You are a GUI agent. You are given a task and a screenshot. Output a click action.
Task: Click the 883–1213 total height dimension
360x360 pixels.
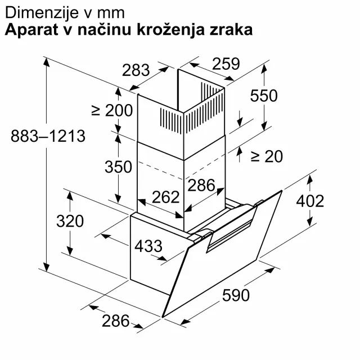[x=48, y=136]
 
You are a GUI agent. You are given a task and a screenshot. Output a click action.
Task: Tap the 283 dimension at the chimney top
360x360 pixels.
[x=136, y=70]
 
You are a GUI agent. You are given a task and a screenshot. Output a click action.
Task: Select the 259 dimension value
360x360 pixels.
[x=226, y=64]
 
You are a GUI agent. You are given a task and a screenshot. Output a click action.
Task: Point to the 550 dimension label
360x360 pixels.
[x=264, y=96]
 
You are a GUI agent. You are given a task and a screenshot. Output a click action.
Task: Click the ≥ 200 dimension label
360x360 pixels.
[x=112, y=110]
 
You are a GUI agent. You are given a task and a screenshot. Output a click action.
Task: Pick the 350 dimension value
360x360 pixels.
[x=118, y=166]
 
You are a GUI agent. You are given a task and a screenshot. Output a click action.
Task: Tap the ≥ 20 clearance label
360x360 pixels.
[x=267, y=156]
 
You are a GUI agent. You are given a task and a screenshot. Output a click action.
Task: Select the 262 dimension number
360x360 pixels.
[x=165, y=197]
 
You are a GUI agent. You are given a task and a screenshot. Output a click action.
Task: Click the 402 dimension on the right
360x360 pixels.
[x=310, y=201]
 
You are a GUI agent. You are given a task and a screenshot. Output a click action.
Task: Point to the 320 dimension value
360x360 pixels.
[x=70, y=221]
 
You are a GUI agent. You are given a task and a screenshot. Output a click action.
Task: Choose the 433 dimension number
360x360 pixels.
[x=148, y=246]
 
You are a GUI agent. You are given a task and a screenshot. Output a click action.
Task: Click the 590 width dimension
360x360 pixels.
[x=236, y=295]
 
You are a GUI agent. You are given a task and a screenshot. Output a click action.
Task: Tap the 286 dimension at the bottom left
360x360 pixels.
[x=116, y=321]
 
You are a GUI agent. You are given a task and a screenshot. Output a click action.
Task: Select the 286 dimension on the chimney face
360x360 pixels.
[x=201, y=185]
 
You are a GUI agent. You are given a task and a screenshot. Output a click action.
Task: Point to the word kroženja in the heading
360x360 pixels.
[x=171, y=30]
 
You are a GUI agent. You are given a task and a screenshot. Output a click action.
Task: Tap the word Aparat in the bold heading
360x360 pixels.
[x=31, y=30]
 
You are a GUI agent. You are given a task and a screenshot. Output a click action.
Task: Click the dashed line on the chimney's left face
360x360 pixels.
[x=161, y=170]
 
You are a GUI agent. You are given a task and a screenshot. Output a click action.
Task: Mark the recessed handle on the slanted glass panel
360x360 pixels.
[x=232, y=229]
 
